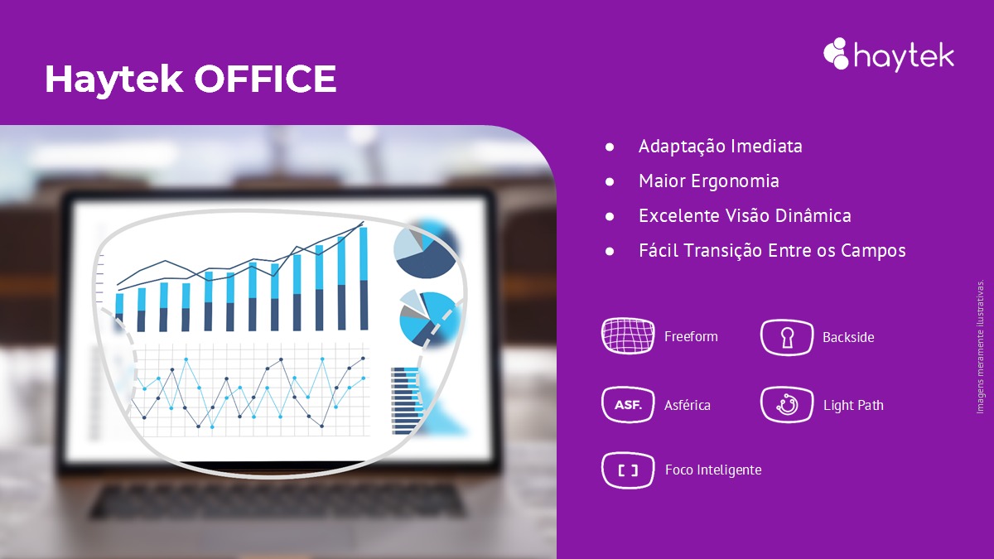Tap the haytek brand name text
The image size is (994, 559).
pyautogui.click(x=903, y=56)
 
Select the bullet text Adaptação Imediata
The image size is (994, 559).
pyautogui.click(x=720, y=147)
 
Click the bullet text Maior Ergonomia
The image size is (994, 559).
pyautogui.click(x=708, y=181)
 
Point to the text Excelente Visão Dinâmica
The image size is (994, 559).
pyautogui.click(x=745, y=216)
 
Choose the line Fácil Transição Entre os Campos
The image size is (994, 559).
pyautogui.click(x=772, y=250)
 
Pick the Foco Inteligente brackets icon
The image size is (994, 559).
pyautogui.click(x=628, y=470)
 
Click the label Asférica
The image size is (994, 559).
pyautogui.click(x=688, y=406)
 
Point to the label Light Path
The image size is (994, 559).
pyautogui.click(x=853, y=406)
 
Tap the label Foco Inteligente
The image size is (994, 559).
pyautogui.click(x=713, y=470)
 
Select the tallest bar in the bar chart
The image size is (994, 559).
pyautogui.click(x=363, y=278)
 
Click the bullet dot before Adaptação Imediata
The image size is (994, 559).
pyautogui.click(x=610, y=147)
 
